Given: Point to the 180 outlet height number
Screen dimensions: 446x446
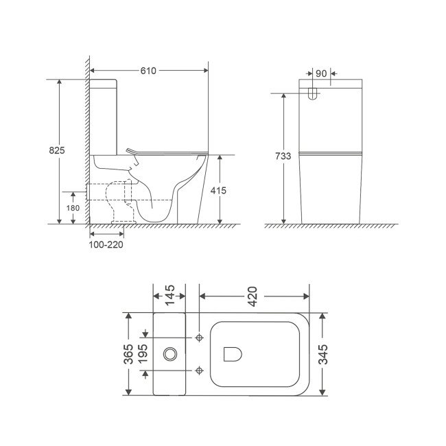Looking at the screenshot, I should point(73,208).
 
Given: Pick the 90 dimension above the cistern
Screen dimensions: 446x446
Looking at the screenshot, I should point(321,71).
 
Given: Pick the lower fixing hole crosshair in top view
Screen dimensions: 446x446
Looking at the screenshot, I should point(199,371).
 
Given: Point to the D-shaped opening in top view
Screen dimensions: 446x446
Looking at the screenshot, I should point(232,354).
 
